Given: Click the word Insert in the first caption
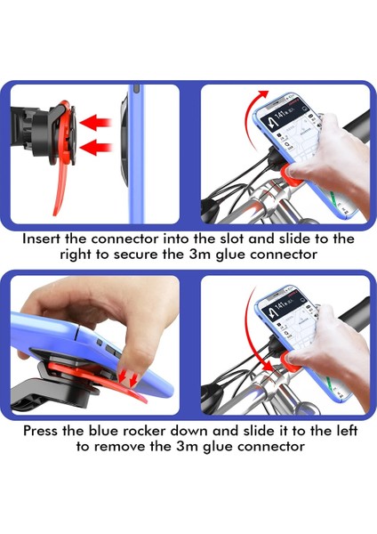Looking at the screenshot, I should (x=47, y=239).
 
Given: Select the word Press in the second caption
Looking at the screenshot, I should (x=48, y=430).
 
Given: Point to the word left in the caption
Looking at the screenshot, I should (x=336, y=430).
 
